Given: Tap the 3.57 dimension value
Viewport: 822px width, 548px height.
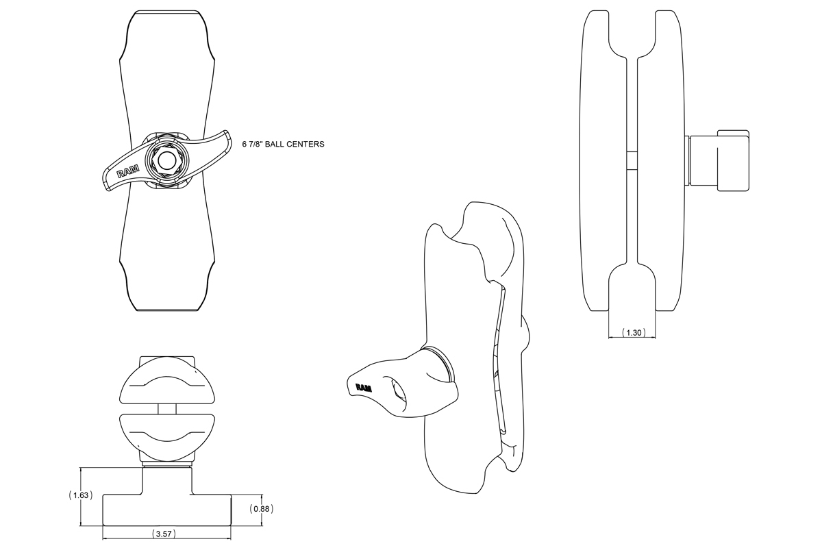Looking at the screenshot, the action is coord(164,534).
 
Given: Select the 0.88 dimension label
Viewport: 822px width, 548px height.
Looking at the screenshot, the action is coord(262,509).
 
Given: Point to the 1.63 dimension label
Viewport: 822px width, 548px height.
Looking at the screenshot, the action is coord(81,495).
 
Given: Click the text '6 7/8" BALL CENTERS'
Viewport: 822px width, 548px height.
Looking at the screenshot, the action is coord(284,145).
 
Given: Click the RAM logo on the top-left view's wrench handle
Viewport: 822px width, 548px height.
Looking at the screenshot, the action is coord(127,172).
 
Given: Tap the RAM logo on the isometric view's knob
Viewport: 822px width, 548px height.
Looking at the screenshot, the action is coord(364,388).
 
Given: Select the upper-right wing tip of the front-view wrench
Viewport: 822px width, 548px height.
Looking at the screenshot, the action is coord(227,133).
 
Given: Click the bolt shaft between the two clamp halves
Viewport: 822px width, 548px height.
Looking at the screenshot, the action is coord(167,409).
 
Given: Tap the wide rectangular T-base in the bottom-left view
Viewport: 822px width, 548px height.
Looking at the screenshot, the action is coord(167,510).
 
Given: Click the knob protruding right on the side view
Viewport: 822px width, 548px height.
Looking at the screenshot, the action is coord(717,160).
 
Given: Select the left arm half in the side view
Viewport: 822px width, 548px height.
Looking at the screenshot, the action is coord(603,161).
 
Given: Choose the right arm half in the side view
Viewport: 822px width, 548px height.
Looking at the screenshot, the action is coord(660,161).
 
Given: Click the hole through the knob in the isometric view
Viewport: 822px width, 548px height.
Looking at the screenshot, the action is coord(398,395).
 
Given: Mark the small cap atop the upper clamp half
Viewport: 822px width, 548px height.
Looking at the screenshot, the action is coord(167,361).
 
